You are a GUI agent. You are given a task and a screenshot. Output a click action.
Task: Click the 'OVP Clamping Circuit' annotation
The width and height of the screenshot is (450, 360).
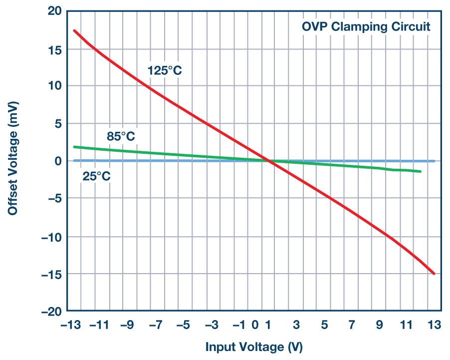click(366, 26)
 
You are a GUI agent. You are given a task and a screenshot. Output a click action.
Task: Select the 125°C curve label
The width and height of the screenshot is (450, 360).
click(165, 70)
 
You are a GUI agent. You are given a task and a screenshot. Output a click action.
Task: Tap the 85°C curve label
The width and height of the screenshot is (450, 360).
click(121, 136)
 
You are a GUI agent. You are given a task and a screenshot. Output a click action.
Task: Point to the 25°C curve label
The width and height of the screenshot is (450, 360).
click(96, 176)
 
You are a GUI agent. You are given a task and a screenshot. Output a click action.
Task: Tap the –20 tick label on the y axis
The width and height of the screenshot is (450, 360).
click(48, 312)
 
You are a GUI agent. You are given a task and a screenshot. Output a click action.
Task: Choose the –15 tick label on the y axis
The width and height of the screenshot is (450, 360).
click(48, 274)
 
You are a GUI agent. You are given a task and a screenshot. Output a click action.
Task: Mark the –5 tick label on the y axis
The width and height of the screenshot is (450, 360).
click(51, 199)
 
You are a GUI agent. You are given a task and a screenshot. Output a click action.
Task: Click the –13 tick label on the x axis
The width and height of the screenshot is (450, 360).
click(71, 325)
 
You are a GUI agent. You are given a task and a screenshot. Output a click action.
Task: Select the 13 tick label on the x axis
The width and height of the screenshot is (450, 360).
click(434, 325)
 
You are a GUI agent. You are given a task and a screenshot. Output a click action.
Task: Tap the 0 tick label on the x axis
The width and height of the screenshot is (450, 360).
click(255, 325)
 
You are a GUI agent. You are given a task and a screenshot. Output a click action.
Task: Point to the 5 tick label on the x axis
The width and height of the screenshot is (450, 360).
click(324, 325)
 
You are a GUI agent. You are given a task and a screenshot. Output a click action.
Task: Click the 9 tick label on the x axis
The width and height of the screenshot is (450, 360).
click(379, 325)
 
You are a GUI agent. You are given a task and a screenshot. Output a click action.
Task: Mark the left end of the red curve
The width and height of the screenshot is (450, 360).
click(74, 30)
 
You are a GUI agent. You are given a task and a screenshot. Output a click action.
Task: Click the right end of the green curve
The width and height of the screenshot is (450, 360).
click(421, 171)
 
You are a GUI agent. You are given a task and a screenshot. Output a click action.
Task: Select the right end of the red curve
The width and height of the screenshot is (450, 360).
click(434, 274)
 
